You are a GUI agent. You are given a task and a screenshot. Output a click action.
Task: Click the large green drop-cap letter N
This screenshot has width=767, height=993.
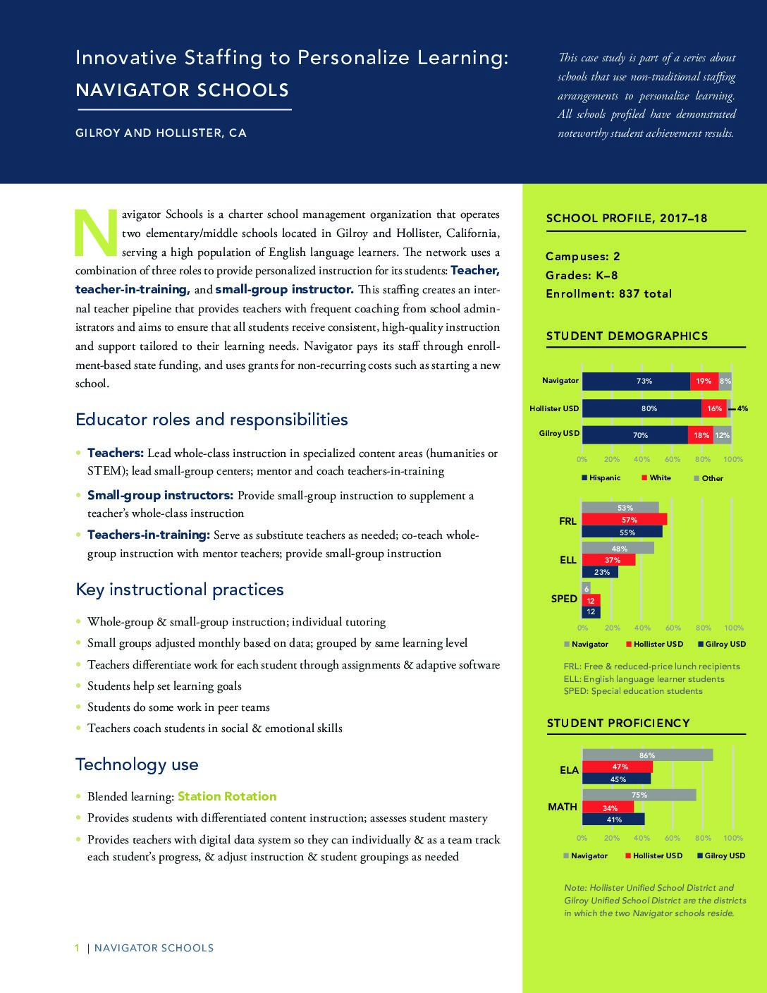96,232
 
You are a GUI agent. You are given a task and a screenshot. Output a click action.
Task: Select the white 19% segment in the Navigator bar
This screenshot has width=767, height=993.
704,381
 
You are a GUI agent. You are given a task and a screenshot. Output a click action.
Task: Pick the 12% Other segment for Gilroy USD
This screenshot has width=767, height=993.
722,435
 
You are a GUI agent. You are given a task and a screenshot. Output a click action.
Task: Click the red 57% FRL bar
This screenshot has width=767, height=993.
624,520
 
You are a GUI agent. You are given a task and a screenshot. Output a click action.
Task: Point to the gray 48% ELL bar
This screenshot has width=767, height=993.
618,548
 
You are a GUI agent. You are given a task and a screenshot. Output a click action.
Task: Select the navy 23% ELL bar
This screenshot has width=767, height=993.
600,572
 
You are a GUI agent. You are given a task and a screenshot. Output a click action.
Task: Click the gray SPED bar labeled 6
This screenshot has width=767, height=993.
586,588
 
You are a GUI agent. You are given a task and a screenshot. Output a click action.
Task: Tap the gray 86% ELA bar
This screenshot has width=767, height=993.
647,755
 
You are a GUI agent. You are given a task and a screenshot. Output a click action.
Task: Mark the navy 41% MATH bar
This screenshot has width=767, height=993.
613,820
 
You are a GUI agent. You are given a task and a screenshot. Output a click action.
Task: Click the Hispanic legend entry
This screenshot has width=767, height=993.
601,478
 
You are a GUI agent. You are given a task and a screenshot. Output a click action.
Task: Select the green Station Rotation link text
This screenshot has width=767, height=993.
227,796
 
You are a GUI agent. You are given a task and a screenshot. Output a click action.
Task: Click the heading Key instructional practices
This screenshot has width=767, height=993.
180,590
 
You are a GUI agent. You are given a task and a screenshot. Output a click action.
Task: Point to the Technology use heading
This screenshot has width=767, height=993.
137,764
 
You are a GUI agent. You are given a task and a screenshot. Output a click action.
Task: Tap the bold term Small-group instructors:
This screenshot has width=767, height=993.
160,495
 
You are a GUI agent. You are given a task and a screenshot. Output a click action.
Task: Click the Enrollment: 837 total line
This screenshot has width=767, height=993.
608,294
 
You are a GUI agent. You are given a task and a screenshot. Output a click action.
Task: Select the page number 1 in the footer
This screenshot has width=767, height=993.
78,949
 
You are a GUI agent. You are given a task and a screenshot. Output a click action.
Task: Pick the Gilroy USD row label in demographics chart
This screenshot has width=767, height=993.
559,433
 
